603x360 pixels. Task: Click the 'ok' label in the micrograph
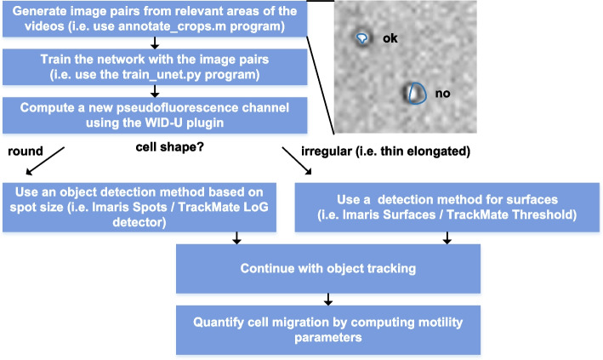tap(390, 38)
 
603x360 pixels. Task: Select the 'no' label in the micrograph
tap(441, 93)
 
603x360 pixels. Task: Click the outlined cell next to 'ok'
tap(364, 39)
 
